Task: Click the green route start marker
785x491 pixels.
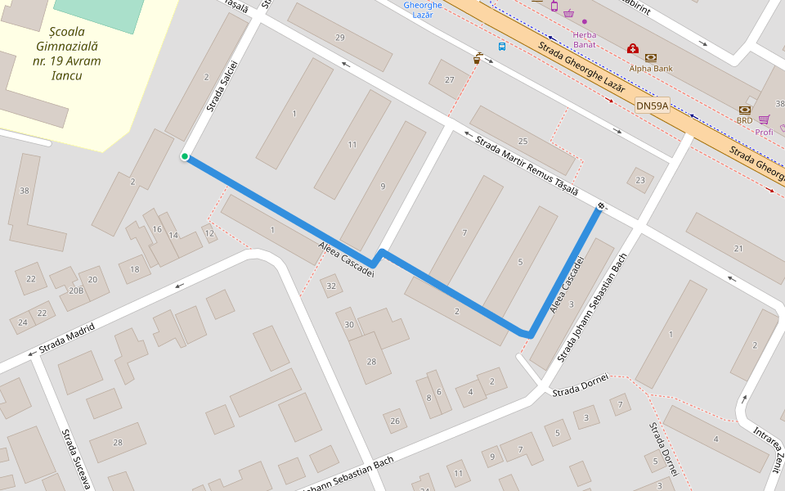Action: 186,156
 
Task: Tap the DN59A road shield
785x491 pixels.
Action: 652,106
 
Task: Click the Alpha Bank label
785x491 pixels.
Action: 651,69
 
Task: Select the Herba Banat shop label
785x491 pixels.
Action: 584,39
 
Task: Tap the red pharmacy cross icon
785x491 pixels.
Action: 632,49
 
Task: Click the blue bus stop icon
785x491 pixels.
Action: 501,47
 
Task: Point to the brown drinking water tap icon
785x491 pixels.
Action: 478,58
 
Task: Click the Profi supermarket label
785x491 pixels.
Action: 764,132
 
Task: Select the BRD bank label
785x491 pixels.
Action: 744,120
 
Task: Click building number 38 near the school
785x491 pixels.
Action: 25,191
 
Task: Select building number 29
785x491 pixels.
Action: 340,38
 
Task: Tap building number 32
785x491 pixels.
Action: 331,286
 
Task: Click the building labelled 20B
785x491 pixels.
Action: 76,290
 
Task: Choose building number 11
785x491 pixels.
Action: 352,145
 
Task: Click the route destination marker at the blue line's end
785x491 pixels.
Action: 601,206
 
